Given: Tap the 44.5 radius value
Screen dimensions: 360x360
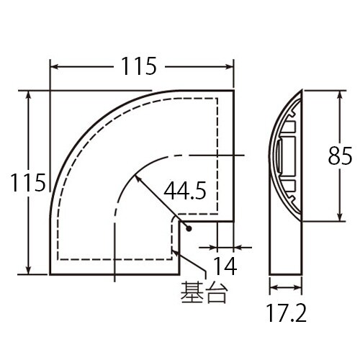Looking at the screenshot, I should coord(184,191).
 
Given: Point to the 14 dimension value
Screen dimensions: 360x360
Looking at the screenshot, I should coord(225,266).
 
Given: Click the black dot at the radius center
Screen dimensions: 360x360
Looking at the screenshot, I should coord(187,229).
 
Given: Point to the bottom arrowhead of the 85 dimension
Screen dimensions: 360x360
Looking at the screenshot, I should coord(337,220).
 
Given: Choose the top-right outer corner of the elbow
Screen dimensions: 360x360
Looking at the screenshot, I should coord(233,90).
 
